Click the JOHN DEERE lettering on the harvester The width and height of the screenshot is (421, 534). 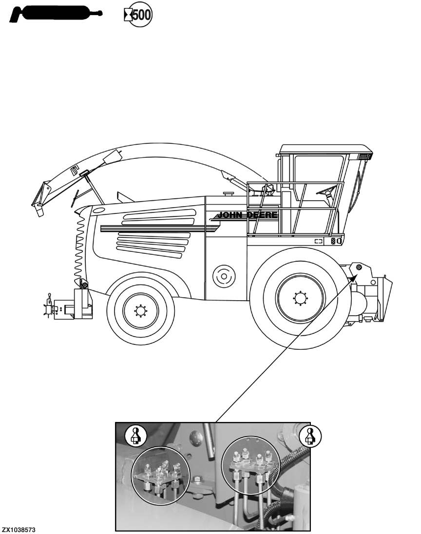(247, 215)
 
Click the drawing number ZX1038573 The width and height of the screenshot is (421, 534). (19, 529)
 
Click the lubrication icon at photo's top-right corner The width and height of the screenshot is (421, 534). (308, 435)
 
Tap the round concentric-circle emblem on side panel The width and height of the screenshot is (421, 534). (223, 276)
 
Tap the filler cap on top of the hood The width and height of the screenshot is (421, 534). (227, 193)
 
